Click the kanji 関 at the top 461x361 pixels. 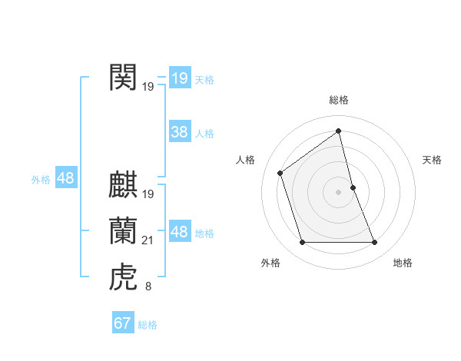coord(123,78)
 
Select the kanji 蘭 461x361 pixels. coord(123,231)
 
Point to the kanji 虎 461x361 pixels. coord(123,277)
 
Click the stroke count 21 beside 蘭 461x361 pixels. coord(148,241)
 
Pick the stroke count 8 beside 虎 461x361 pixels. coord(148,287)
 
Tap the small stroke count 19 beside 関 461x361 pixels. coord(148,88)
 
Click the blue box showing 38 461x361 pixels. coord(179,132)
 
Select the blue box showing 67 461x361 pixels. coord(122,323)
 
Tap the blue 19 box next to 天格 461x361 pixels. coord(179,78)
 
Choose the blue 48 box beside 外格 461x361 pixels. coord(65,179)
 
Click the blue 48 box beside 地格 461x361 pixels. coord(179,232)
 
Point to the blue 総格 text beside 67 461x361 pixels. coord(148,325)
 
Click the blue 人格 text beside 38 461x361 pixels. coord(204,134)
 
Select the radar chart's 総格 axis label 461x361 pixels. coord(338,100)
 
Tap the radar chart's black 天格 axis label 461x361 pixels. coord(432,160)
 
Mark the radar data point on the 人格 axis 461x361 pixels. coord(280,172)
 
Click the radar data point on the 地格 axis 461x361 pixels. coord(375,243)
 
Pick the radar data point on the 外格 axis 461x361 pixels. coord(302,243)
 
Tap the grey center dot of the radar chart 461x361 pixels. coord(338,191)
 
